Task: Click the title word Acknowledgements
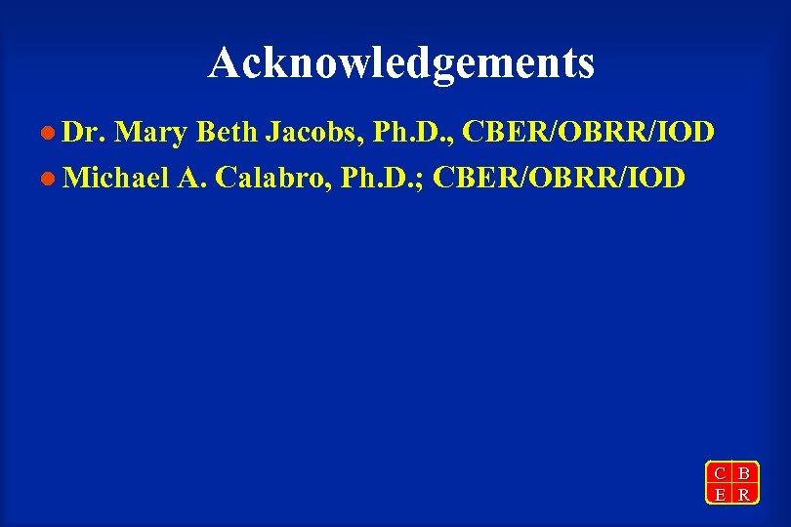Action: point(400,63)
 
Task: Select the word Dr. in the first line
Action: point(84,132)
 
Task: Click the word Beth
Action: point(228,132)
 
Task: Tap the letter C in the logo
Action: point(720,474)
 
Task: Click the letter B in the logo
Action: point(744,474)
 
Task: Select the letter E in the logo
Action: point(720,495)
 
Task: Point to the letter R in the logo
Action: point(744,495)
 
